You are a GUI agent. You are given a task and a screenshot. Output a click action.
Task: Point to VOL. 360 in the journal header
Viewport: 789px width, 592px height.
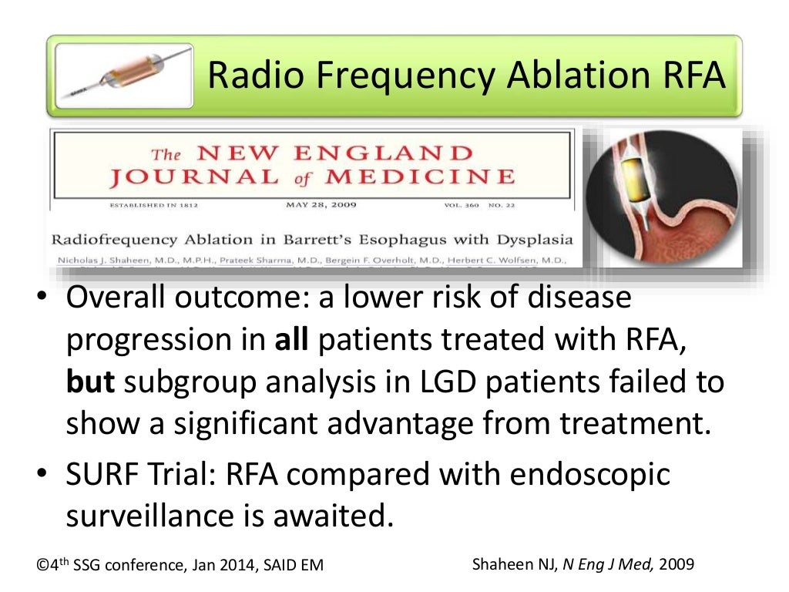pos(463,207)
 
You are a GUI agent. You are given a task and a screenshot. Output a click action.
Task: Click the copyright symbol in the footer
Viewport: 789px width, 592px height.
pos(42,566)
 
